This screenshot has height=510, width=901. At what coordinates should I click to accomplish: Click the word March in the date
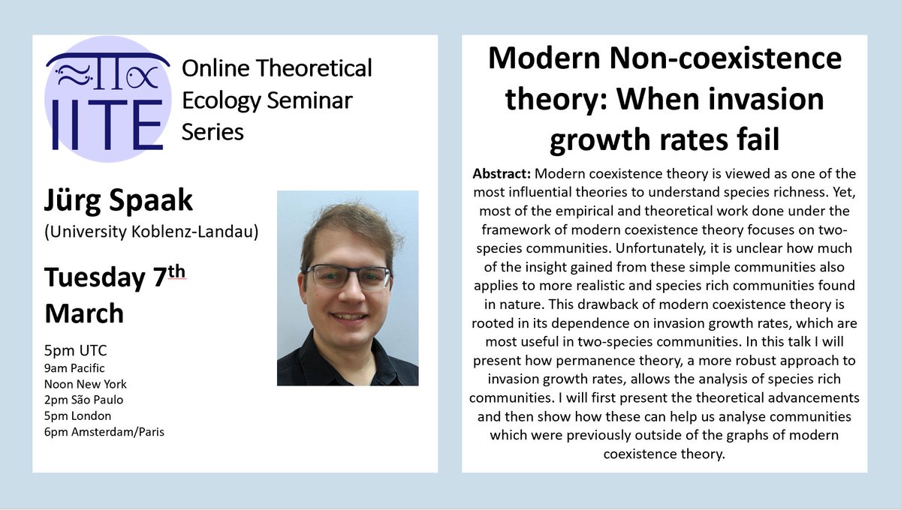[84, 313]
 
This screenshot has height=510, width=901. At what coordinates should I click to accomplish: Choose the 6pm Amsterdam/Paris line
[104, 430]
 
